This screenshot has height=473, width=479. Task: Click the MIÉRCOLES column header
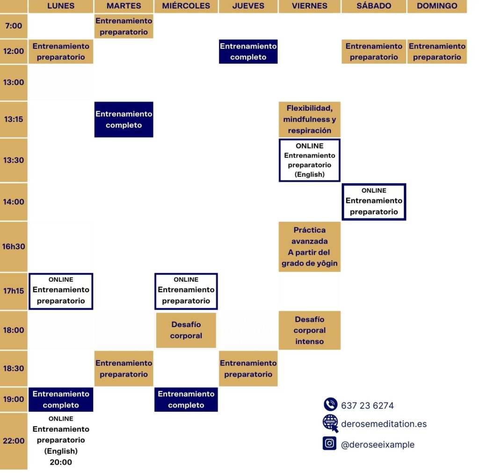click(x=186, y=6)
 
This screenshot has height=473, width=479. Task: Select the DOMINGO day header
click(x=437, y=6)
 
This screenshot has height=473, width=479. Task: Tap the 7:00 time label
click(x=14, y=26)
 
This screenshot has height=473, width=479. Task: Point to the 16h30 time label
click(x=14, y=246)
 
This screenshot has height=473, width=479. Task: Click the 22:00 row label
click(x=14, y=441)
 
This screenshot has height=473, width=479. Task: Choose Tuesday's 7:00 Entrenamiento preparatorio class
click(x=124, y=26)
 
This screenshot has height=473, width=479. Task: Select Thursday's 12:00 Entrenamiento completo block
click(x=248, y=51)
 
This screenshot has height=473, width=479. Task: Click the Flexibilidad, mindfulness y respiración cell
click(x=310, y=119)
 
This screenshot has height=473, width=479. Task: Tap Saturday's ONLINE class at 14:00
click(x=374, y=201)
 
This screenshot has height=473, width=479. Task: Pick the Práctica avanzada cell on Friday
click(x=310, y=246)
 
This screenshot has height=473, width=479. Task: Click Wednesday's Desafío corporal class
click(x=186, y=330)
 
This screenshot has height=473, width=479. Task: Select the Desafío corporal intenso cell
click(x=310, y=330)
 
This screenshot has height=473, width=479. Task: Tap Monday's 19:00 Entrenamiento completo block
click(x=61, y=399)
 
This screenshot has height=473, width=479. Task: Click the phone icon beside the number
click(x=330, y=404)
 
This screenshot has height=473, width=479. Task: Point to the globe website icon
click(x=330, y=423)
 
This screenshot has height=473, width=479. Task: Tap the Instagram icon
click(x=330, y=443)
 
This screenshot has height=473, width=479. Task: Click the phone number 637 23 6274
click(x=368, y=406)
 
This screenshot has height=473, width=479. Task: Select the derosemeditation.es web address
click(x=384, y=424)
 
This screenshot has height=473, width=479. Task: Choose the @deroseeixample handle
click(x=378, y=444)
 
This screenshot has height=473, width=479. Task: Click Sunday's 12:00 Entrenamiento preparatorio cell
click(x=437, y=51)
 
